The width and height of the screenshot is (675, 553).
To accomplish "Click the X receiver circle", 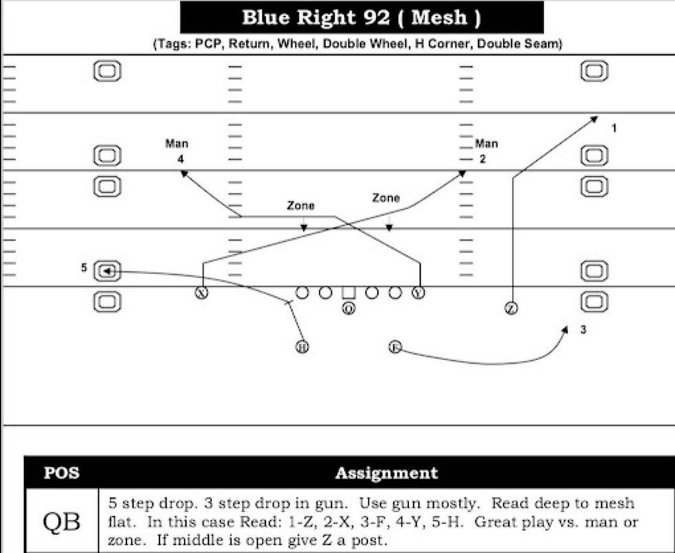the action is pyautogui.click(x=202, y=292).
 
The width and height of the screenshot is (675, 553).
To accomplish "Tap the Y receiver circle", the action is pyautogui.click(x=418, y=292).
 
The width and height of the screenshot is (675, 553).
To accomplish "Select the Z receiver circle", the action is pyautogui.click(x=511, y=308).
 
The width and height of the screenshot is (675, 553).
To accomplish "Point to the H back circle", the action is pyautogui.click(x=302, y=346).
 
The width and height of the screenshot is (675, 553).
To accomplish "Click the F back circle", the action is pyautogui.click(x=395, y=346).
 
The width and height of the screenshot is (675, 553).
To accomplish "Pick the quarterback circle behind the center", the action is pyautogui.click(x=349, y=308).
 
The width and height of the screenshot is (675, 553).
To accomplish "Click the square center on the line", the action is pyautogui.click(x=349, y=293).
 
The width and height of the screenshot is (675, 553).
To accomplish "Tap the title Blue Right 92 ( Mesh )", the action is pyautogui.click(x=362, y=17).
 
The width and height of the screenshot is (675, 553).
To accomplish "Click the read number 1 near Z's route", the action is pyautogui.click(x=614, y=128).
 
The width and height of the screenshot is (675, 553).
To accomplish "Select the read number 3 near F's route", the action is pyautogui.click(x=583, y=330).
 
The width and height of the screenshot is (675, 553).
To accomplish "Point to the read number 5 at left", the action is pyautogui.click(x=84, y=268).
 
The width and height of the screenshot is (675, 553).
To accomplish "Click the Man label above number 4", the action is pyautogui.click(x=177, y=144).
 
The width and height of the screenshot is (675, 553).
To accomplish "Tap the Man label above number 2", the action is pyautogui.click(x=486, y=144).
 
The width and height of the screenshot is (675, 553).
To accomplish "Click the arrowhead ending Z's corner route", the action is pyautogui.click(x=594, y=119).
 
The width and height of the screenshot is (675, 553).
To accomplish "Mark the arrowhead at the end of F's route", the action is pyautogui.click(x=565, y=330).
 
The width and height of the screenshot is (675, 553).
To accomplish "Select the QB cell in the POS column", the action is pyautogui.click(x=61, y=521).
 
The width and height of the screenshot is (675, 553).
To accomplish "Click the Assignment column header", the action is pyautogui.click(x=386, y=473).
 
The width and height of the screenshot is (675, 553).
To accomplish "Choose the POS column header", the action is pyautogui.click(x=61, y=473).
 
